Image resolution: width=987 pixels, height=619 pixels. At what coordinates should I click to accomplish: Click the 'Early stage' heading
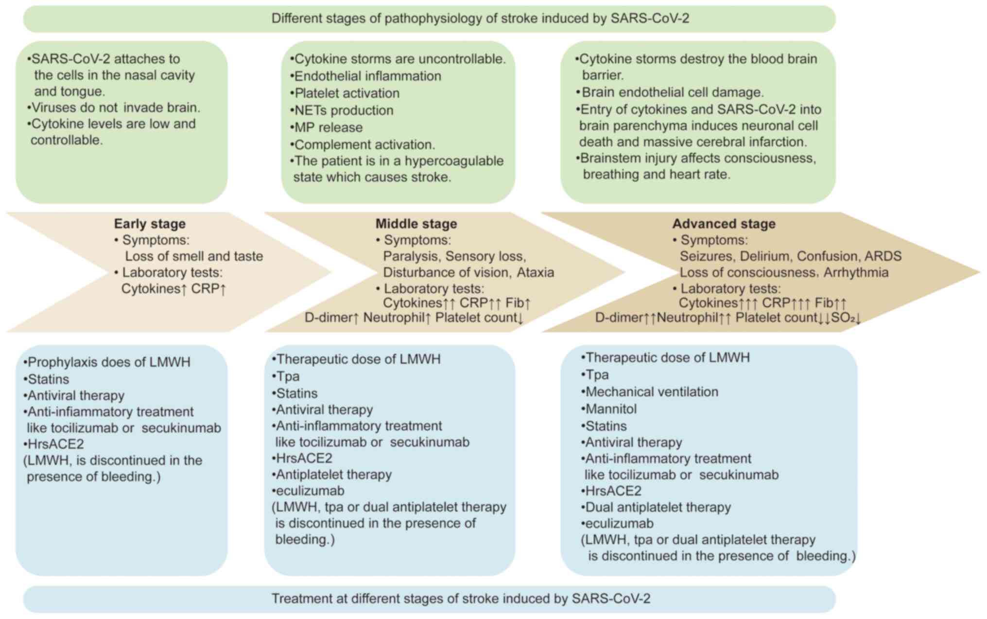click(x=150, y=224)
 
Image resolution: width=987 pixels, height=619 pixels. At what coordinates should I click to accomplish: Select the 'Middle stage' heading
click(x=416, y=224)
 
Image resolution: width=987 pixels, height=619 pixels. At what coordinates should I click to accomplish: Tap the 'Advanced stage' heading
click(x=724, y=224)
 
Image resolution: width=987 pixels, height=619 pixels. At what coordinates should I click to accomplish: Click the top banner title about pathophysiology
click(x=480, y=18)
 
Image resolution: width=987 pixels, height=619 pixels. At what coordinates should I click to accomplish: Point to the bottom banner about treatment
click(x=461, y=599)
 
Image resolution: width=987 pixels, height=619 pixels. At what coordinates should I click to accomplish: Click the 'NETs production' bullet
click(x=344, y=110)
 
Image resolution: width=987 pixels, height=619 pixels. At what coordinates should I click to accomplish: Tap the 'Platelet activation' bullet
click(x=346, y=93)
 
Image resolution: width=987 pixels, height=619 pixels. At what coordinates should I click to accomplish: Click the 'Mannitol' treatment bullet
click(x=610, y=409)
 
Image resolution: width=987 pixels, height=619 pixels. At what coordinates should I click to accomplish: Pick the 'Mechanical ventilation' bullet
click(x=651, y=392)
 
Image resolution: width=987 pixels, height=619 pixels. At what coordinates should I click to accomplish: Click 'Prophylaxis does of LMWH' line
click(x=108, y=362)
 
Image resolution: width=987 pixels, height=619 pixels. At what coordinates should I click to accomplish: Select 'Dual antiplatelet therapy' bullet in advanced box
click(x=658, y=507)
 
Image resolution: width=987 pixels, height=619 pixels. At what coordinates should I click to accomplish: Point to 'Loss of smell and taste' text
click(x=194, y=256)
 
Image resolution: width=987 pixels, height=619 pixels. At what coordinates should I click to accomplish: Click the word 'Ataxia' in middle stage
click(x=535, y=272)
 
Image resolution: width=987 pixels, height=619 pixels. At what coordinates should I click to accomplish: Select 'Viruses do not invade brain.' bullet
click(x=115, y=107)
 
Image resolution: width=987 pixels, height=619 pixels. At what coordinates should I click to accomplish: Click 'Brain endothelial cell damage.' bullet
click(x=672, y=92)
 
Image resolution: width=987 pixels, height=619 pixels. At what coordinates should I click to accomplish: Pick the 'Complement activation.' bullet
click(x=364, y=144)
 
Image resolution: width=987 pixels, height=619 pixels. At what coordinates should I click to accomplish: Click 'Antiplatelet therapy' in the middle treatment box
click(x=333, y=475)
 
